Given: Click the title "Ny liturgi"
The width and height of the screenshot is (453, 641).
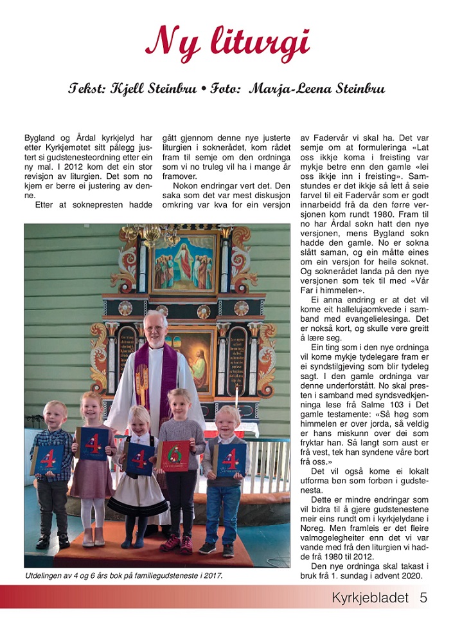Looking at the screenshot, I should (227, 42).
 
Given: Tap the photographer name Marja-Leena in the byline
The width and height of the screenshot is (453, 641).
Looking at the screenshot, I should (287, 89).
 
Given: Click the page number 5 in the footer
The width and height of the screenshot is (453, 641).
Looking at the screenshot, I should (423, 597).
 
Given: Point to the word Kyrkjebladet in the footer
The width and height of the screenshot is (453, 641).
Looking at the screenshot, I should (370, 597).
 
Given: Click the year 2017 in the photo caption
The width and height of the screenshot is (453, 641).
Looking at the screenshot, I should (209, 575).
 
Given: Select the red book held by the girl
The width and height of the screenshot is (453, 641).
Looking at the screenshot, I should (173, 455).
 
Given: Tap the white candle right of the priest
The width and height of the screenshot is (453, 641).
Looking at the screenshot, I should (236, 399).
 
